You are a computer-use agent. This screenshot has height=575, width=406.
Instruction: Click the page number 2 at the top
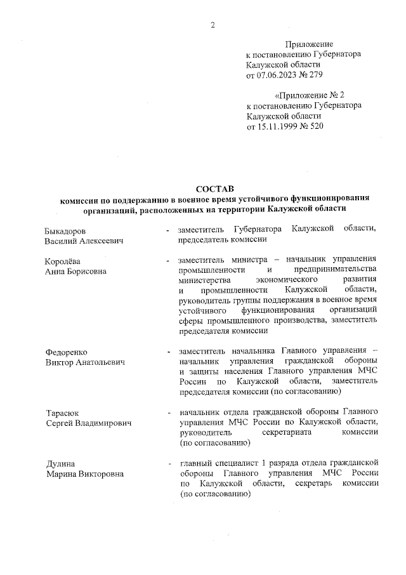pyautogui.click(x=213, y=25)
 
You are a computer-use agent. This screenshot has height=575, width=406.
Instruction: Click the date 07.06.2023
pyautogui.click(x=277, y=76)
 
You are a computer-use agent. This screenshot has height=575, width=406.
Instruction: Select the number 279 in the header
pyautogui.click(x=317, y=76)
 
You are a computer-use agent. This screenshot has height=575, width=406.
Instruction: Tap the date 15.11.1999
pyautogui.click(x=277, y=126)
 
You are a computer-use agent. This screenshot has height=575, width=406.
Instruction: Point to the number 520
pyautogui.click(x=317, y=126)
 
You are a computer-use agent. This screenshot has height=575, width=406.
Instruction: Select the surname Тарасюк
pyautogui.click(x=62, y=413)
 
